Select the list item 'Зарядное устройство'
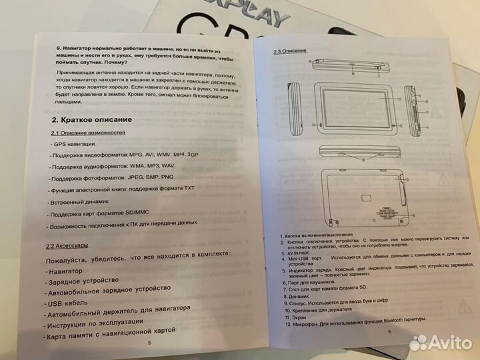(x=83, y=281)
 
